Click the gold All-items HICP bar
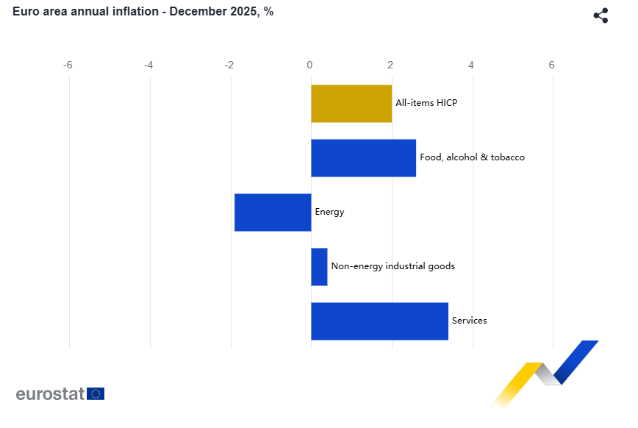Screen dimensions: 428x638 coord(351,103)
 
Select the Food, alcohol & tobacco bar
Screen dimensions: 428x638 coord(363,157)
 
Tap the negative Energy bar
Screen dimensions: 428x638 coord(273,212)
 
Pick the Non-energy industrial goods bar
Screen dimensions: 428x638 coord(319,266)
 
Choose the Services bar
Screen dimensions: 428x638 coord(379,321)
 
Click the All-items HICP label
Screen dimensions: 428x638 coord(426,103)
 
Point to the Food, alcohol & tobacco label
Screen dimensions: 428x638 coord(472,157)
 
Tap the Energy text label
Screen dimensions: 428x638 coord(329,212)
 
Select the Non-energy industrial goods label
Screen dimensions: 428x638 coord(393,266)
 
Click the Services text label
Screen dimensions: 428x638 coord(469,321)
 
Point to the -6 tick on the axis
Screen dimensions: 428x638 coord(68,65)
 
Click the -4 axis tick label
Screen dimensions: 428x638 coord(148,65)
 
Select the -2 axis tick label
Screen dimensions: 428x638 coord(229,65)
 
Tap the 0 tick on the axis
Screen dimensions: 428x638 coord(309,65)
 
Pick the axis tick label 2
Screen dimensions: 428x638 coord(390,65)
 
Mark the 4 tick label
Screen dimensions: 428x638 coord(471,65)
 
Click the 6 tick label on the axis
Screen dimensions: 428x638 coord(552,65)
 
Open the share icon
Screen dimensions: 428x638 coord(601,15)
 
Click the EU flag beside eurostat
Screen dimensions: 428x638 coord(96,393)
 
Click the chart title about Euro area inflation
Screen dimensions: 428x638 coord(143,12)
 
